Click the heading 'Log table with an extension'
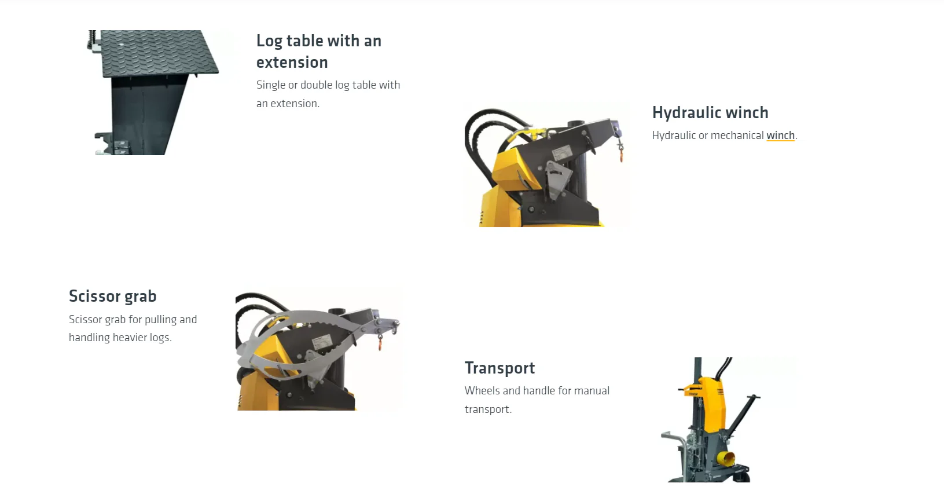[319, 52]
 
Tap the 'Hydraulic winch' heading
[710, 112]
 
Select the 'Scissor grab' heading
[112, 297]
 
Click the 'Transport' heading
[499, 368]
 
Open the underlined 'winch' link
[780, 136]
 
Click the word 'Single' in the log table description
[270, 85]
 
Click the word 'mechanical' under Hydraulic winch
[737, 136]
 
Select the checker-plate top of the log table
[158, 53]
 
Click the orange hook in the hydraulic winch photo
[622, 155]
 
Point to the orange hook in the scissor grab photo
[380, 343]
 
